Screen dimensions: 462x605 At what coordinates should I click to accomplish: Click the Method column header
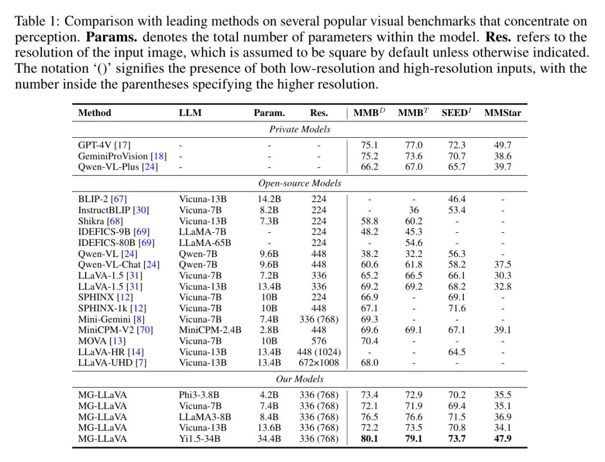[x=95, y=113]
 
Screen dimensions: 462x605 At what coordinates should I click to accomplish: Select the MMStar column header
[x=502, y=113]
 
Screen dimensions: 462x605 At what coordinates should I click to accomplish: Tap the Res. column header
[x=319, y=113]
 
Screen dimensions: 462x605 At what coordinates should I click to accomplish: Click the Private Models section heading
[x=300, y=129]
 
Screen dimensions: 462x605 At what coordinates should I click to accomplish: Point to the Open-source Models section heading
[x=300, y=183]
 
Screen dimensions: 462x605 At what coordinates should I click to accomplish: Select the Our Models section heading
[x=300, y=379]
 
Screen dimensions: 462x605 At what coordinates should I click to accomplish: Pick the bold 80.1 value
[x=369, y=438]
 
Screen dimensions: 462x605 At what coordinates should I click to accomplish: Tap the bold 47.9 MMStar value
[x=502, y=438]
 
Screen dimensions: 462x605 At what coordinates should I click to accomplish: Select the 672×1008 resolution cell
[x=319, y=362]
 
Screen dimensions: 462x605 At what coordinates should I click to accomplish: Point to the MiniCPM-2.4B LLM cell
[x=210, y=330]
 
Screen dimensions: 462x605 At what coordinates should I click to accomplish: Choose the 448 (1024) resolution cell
[x=319, y=352]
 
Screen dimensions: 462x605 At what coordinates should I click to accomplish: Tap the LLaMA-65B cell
[x=205, y=242]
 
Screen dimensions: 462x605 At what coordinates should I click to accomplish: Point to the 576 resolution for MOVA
[x=319, y=340]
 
